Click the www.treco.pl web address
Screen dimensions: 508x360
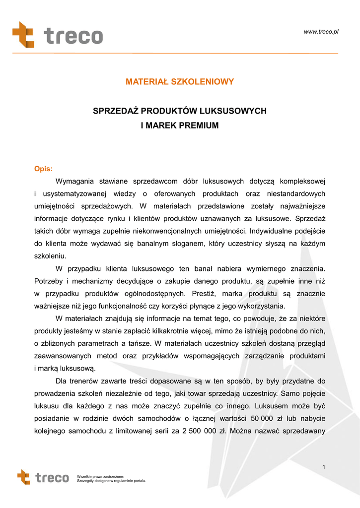tap(321, 32)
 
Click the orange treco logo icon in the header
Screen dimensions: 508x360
tap(23, 35)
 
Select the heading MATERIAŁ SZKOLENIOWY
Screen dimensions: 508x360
tap(180, 82)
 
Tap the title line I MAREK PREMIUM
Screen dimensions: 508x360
tap(180, 126)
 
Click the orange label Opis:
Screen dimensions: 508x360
tap(43, 169)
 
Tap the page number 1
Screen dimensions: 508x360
tap(323, 467)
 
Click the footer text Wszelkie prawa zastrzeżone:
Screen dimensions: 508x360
tap(100, 476)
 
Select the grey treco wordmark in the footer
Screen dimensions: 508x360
tap(52, 478)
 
